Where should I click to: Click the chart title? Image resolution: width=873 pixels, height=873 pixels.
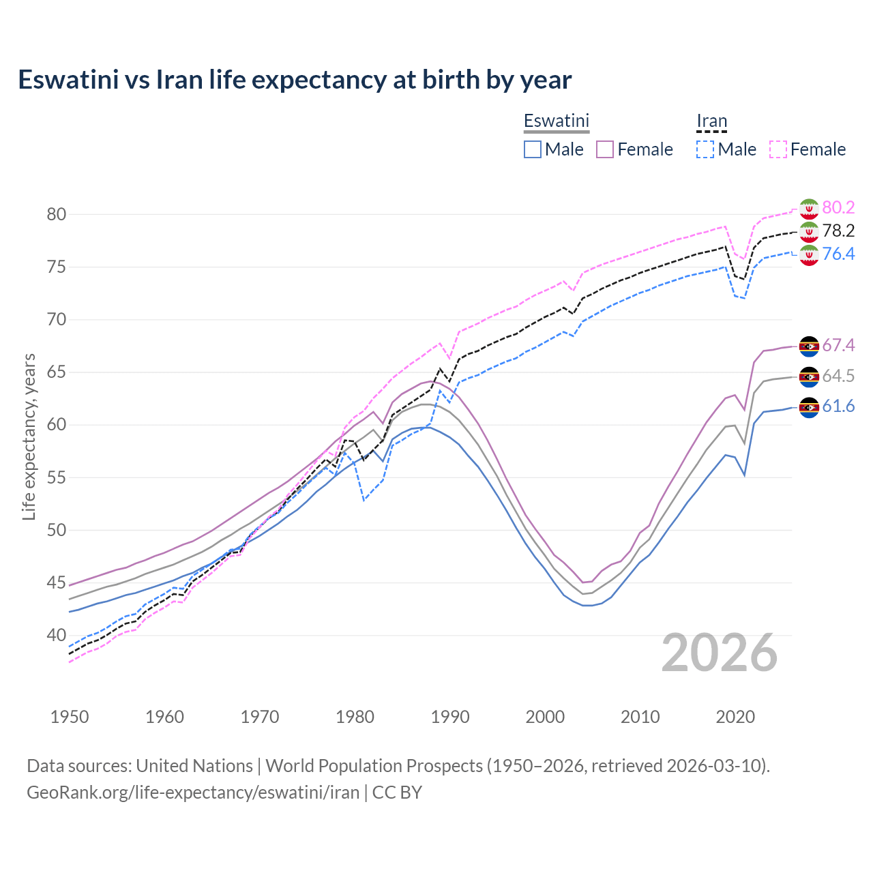point(295,80)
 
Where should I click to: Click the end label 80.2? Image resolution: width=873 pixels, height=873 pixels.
point(838,207)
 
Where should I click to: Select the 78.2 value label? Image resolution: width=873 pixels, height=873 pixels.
point(838,231)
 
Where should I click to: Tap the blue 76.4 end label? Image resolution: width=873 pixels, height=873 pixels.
point(838,254)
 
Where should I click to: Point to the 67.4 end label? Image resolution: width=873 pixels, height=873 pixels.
point(838,345)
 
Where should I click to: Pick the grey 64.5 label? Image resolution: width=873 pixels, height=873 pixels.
point(838,376)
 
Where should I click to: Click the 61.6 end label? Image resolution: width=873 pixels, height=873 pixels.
point(838,406)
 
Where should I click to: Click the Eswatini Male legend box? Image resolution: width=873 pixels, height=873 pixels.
point(533,149)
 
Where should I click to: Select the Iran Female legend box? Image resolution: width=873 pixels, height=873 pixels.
point(778,149)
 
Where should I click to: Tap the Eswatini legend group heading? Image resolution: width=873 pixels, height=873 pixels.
point(556,121)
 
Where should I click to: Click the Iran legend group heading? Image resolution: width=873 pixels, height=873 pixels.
point(711,121)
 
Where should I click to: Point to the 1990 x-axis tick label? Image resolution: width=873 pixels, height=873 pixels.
point(450,717)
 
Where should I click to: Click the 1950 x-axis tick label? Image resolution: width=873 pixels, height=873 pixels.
point(70,717)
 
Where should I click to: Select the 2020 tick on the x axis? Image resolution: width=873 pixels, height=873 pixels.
point(735,717)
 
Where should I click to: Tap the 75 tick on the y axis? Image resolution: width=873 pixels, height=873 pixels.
point(57,267)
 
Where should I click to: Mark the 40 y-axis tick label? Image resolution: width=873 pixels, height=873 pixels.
point(57,635)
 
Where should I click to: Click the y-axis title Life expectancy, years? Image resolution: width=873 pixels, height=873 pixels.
point(29,436)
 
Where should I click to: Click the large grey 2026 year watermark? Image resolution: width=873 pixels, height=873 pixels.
point(720,653)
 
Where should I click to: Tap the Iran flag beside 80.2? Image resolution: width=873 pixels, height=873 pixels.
point(809,208)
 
